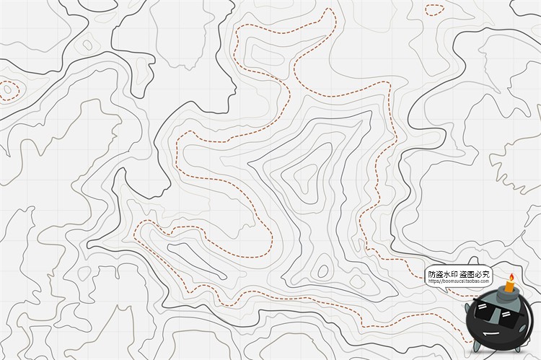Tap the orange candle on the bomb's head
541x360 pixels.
509,286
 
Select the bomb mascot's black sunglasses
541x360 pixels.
497,315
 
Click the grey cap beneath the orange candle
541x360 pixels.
508,294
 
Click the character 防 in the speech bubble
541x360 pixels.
432,274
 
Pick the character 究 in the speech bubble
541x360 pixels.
485,274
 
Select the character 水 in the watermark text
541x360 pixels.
447,274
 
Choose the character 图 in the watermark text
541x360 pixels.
470,274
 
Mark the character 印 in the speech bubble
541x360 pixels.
454,274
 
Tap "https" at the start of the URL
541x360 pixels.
434,281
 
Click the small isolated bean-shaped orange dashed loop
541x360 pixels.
434,10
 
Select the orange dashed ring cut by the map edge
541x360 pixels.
7,90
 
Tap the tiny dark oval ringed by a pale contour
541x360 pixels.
87,45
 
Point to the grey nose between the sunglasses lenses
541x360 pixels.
498,317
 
